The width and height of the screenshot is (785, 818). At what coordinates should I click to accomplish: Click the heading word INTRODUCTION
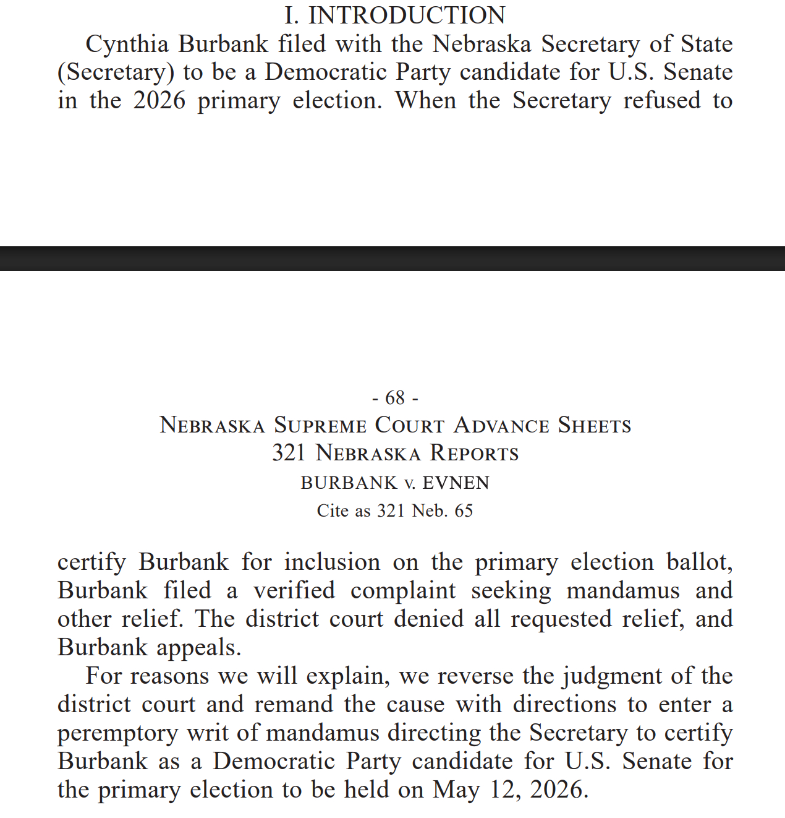407,15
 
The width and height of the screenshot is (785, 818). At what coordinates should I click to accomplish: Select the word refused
662,101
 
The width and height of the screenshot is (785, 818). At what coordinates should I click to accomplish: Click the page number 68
395,397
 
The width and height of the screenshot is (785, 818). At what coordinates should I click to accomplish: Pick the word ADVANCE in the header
501,426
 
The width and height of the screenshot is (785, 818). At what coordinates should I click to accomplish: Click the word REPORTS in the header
474,454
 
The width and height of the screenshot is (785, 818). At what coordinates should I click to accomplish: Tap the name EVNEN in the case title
456,483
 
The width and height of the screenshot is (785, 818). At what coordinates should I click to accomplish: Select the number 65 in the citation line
464,511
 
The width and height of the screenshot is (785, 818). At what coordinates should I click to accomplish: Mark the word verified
294,591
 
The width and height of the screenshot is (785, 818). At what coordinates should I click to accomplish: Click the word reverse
475,676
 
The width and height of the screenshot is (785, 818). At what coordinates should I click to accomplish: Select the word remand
293,705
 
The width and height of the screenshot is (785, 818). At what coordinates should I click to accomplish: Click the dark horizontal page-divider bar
392,259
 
